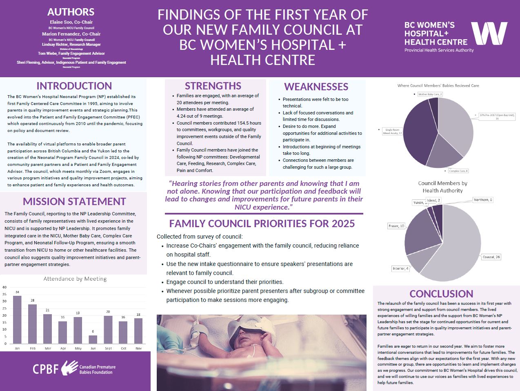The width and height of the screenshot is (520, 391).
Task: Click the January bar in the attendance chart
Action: click(x=17, y=320)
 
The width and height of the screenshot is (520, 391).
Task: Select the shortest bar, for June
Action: click(x=93, y=339)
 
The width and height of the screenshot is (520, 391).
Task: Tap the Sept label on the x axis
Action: click(x=108, y=349)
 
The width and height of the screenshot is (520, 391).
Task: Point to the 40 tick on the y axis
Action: click(x=4, y=287)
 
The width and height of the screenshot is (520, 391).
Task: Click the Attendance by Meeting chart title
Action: click(x=75, y=279)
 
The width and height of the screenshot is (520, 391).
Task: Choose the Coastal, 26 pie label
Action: click(x=491, y=257)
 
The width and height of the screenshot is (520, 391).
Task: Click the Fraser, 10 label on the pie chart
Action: click(x=396, y=226)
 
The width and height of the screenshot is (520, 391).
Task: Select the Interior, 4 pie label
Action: click(x=400, y=268)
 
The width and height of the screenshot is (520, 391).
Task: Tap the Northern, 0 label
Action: click(x=483, y=200)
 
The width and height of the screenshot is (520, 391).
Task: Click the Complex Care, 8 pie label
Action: click(x=458, y=171)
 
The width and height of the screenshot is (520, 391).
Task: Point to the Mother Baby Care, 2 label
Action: click(x=430, y=94)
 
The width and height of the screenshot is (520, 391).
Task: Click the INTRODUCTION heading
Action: click(x=74, y=86)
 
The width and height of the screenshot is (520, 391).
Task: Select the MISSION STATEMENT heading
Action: click(x=74, y=201)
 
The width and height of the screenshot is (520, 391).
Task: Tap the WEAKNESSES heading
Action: click(x=316, y=87)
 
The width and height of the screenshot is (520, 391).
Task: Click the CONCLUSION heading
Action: click(x=441, y=294)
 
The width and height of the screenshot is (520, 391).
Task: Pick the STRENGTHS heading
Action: click(x=213, y=86)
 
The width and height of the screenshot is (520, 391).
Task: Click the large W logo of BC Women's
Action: click(x=489, y=34)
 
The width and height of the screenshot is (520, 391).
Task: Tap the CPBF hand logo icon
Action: click(x=70, y=368)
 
